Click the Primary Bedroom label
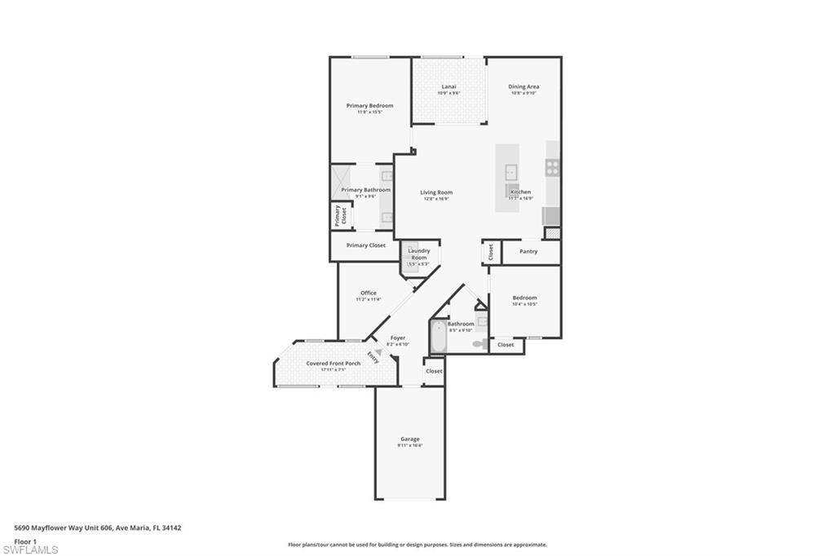(369, 106)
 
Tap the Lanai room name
(448, 86)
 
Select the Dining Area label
(524, 86)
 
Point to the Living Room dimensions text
(436, 199)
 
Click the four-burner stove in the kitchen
(553, 168)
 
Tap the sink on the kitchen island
(511, 171)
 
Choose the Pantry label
(528, 251)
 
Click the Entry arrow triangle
(378, 353)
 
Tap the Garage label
(409, 439)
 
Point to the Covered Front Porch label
(333, 364)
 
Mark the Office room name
(368, 293)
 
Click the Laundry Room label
(418, 254)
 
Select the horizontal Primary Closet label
(365, 245)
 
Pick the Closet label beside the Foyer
(434, 371)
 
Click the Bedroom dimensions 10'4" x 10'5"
(524, 305)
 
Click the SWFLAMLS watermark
(30, 549)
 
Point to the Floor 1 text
(25, 541)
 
